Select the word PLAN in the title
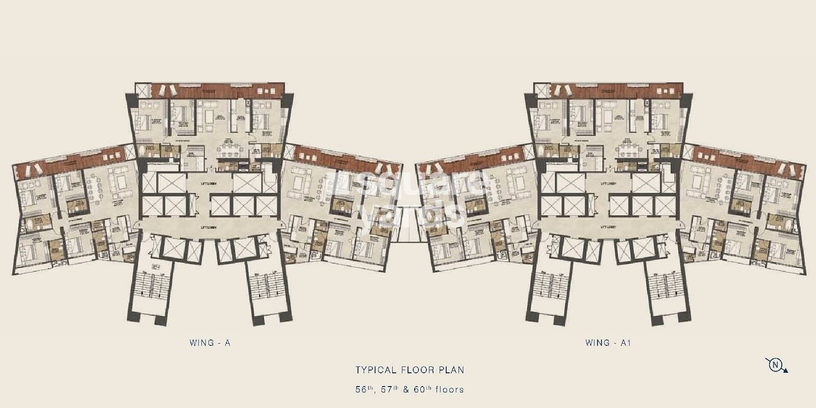(450, 369)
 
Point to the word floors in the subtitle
(448, 390)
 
